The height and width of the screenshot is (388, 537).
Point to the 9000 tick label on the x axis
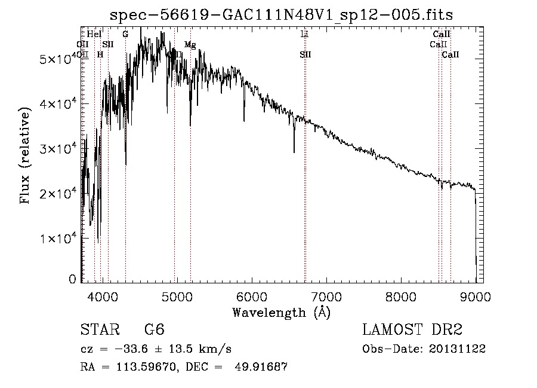click(476, 296)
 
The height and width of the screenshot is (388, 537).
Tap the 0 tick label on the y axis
click(73, 279)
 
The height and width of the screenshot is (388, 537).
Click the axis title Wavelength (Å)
click(282, 312)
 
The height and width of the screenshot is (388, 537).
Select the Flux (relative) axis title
click(25, 157)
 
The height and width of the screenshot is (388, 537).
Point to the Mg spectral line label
click(190, 44)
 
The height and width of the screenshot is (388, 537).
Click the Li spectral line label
click(304, 34)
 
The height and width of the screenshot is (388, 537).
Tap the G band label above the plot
click(125, 34)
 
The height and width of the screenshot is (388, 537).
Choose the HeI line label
click(94, 34)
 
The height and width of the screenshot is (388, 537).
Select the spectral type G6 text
click(154, 330)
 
